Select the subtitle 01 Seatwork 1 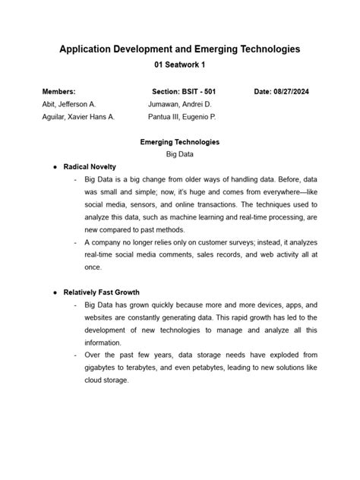(x=180, y=65)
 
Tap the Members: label (x=58, y=91)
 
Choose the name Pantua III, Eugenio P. (x=182, y=117)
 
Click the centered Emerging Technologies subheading (x=180, y=142)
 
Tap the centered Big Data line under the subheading (x=180, y=154)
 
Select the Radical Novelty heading (x=90, y=166)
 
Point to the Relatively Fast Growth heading (x=101, y=292)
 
